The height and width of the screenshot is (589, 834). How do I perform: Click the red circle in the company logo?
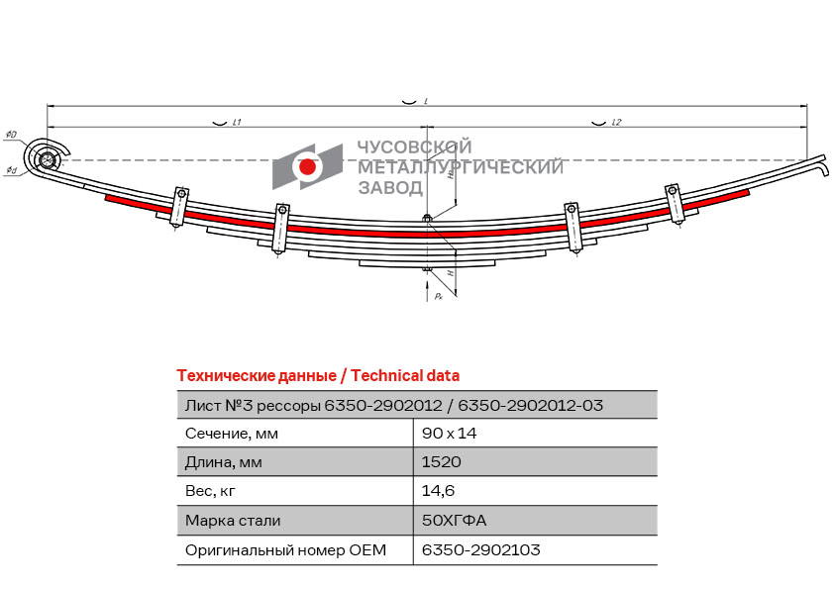tap(307, 167)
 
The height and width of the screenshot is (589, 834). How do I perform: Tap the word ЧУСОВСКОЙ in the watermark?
tap(414, 147)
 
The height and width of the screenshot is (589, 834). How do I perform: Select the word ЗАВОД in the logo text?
tap(390, 188)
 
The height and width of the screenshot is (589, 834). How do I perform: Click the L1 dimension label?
tap(237, 123)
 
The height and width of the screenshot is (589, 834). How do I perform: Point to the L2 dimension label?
tap(616, 123)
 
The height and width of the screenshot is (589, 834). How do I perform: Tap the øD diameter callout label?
tap(11, 135)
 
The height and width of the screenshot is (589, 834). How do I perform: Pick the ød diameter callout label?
tap(11, 170)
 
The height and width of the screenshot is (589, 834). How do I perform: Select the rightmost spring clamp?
tap(674, 204)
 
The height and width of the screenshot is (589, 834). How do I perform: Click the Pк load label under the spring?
tap(439, 296)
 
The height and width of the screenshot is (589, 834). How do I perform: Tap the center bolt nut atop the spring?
tap(427, 218)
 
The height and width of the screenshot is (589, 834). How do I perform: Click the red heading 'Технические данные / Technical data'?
tap(318, 376)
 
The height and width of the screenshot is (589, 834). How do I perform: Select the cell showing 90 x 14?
tap(449, 434)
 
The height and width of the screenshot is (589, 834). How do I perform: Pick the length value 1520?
tap(441, 461)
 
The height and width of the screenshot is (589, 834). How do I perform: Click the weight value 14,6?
tap(438, 490)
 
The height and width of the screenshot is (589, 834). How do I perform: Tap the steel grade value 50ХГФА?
tap(454, 520)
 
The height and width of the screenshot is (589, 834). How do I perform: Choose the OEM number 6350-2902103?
tap(480, 549)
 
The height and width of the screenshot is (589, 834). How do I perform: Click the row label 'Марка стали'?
tap(233, 520)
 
